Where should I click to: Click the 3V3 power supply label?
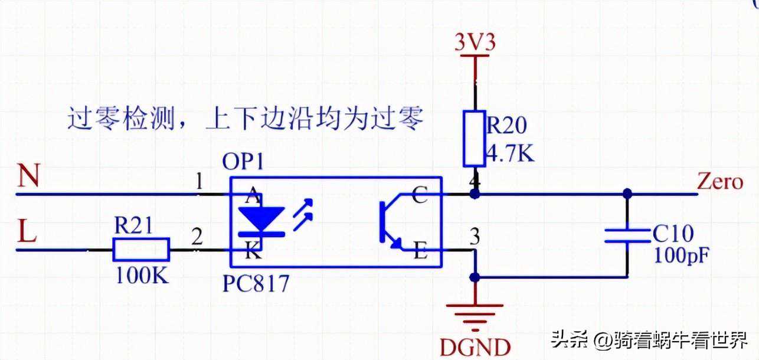475,43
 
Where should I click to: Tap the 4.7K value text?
511,155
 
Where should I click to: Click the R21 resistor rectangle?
141,250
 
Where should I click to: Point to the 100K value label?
141,276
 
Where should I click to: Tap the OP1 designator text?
243,161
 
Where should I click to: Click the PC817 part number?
256,284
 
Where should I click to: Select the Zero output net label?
719,181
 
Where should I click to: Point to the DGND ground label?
475,346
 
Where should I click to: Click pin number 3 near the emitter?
474,237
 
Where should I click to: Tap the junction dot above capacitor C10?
627,193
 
